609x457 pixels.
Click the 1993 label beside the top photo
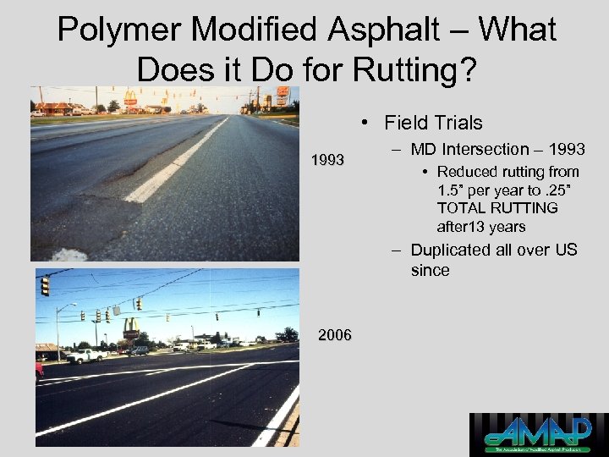tap(327, 159)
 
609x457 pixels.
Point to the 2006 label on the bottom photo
tap(335, 336)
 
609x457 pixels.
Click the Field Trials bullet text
tap(433, 123)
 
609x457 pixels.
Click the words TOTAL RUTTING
tap(497, 208)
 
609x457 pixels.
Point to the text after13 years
tap(481, 226)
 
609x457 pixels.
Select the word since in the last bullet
tap(430, 271)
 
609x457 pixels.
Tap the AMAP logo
tap(538, 434)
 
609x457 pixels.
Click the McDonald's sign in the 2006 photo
tap(132, 326)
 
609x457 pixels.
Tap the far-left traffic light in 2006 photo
tap(45, 286)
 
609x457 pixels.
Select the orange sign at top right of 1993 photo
tap(283, 91)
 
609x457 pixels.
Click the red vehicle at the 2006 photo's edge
tap(39, 370)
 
